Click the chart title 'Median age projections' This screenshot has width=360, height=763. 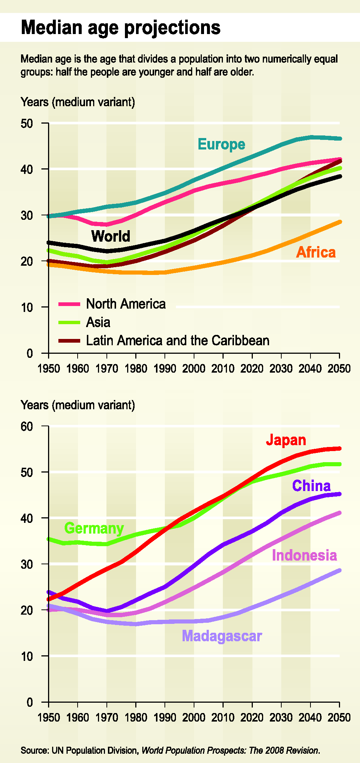point(120,28)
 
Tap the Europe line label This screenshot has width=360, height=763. point(221,144)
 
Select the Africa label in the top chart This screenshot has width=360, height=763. point(316,252)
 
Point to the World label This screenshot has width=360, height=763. point(111,236)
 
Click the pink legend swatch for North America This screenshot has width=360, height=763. point(69,304)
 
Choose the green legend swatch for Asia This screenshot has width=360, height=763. point(69,322)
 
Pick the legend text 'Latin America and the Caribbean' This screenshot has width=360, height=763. point(177,340)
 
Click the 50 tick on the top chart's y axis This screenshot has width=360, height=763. point(27,123)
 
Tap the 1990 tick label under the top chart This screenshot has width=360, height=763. point(165,369)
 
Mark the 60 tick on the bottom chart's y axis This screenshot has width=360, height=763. point(27,426)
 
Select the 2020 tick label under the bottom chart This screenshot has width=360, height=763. point(252,718)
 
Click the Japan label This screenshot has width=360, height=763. point(286,440)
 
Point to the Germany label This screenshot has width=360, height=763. point(94,528)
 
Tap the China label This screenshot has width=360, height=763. point(311,485)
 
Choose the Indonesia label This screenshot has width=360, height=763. point(304,555)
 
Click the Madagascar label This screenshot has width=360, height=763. point(222,636)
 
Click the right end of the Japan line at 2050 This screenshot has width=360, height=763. point(339,448)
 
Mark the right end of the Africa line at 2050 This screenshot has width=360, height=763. point(339,222)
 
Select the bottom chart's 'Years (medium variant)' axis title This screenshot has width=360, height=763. point(78,405)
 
